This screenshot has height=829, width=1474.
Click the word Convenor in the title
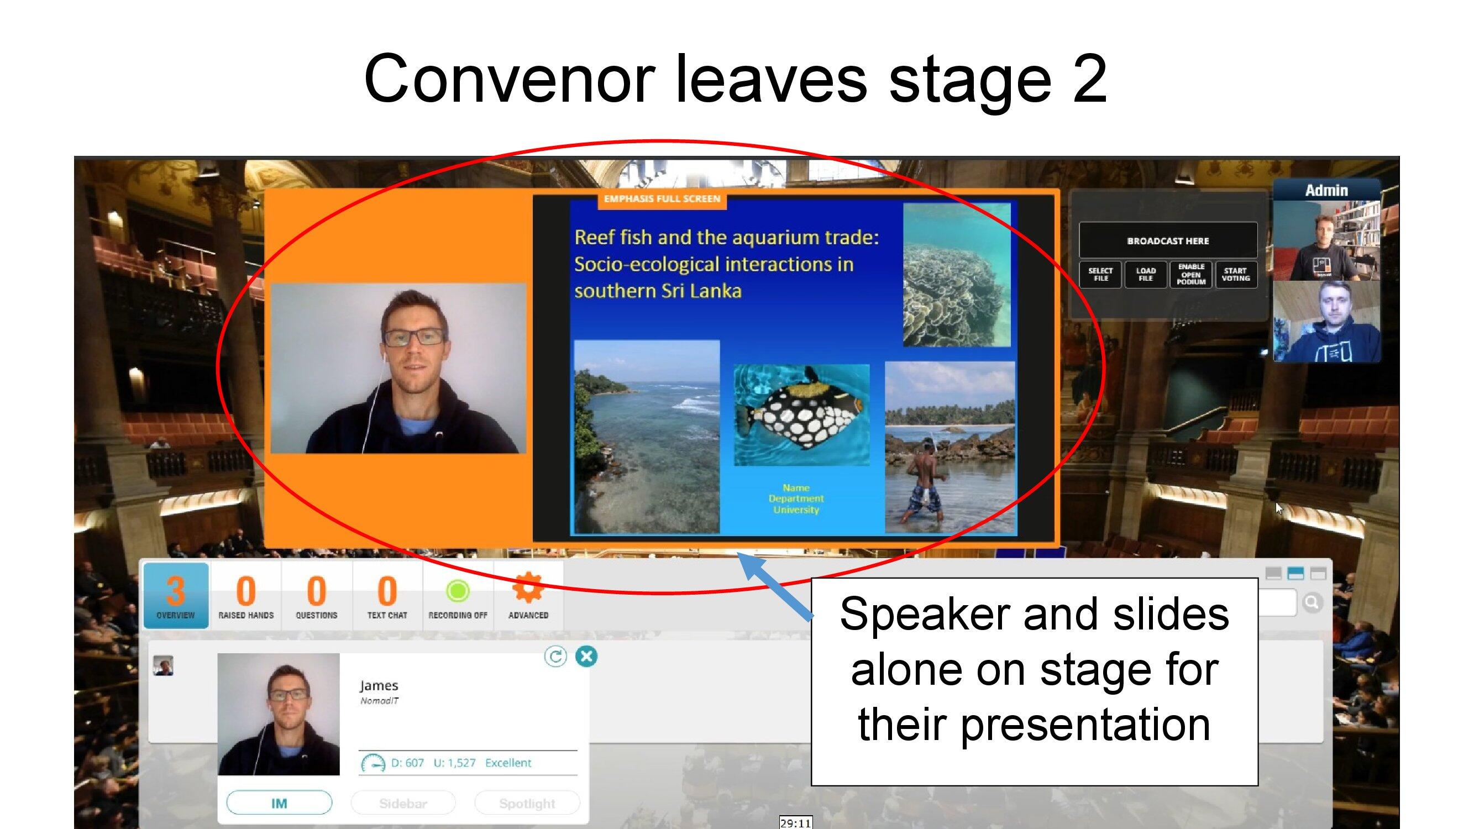[x=509, y=79]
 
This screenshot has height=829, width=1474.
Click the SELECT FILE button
[x=1100, y=275]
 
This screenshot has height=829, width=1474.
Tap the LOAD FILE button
[x=1146, y=275]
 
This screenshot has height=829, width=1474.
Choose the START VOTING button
[x=1236, y=275]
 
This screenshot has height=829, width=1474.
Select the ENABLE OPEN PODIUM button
[x=1191, y=275]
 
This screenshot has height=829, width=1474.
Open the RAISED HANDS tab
[x=246, y=596]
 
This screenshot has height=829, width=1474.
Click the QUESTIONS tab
[x=317, y=596]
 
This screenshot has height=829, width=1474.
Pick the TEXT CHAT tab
[x=387, y=596]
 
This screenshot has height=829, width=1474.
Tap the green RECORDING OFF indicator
[x=458, y=591]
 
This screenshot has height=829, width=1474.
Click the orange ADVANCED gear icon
[x=528, y=588]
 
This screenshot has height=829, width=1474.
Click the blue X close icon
[x=586, y=656]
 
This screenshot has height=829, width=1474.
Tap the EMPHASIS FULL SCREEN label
[x=662, y=199]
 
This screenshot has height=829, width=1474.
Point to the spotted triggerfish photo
[x=801, y=415]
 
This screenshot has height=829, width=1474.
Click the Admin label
[x=1326, y=191]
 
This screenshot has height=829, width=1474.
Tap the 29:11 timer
[x=795, y=823]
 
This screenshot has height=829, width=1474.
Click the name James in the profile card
[x=379, y=685]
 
